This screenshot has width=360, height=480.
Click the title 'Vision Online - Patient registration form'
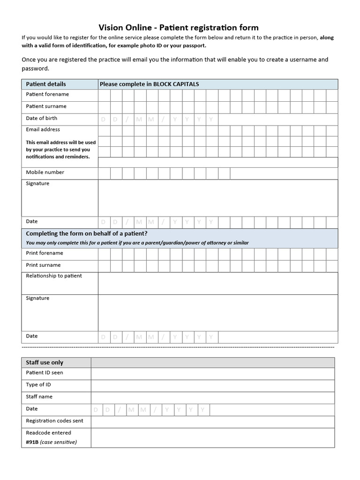point(178,28)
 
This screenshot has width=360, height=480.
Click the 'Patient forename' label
point(47,94)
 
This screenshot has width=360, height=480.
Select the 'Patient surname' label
point(46,106)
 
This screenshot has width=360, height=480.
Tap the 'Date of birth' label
point(41,119)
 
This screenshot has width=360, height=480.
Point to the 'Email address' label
point(43,129)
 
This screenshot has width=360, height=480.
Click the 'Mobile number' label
point(45,172)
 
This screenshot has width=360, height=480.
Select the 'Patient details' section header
point(46,84)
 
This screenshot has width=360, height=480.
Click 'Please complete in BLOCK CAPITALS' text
point(149,84)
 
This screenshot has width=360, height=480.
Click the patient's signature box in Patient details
point(217,198)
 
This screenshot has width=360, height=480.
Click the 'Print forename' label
point(45,253)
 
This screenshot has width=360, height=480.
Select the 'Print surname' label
point(43,265)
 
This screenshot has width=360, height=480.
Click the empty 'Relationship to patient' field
point(217,283)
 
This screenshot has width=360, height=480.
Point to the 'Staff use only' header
point(45,362)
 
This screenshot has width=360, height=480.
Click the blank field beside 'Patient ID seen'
point(213,374)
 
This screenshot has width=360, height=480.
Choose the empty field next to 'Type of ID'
point(213,385)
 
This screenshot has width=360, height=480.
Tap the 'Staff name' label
point(39,397)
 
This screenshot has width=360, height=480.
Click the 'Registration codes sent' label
point(54,421)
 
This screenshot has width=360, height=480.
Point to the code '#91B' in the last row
point(32,442)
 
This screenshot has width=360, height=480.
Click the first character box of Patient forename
point(104,95)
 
